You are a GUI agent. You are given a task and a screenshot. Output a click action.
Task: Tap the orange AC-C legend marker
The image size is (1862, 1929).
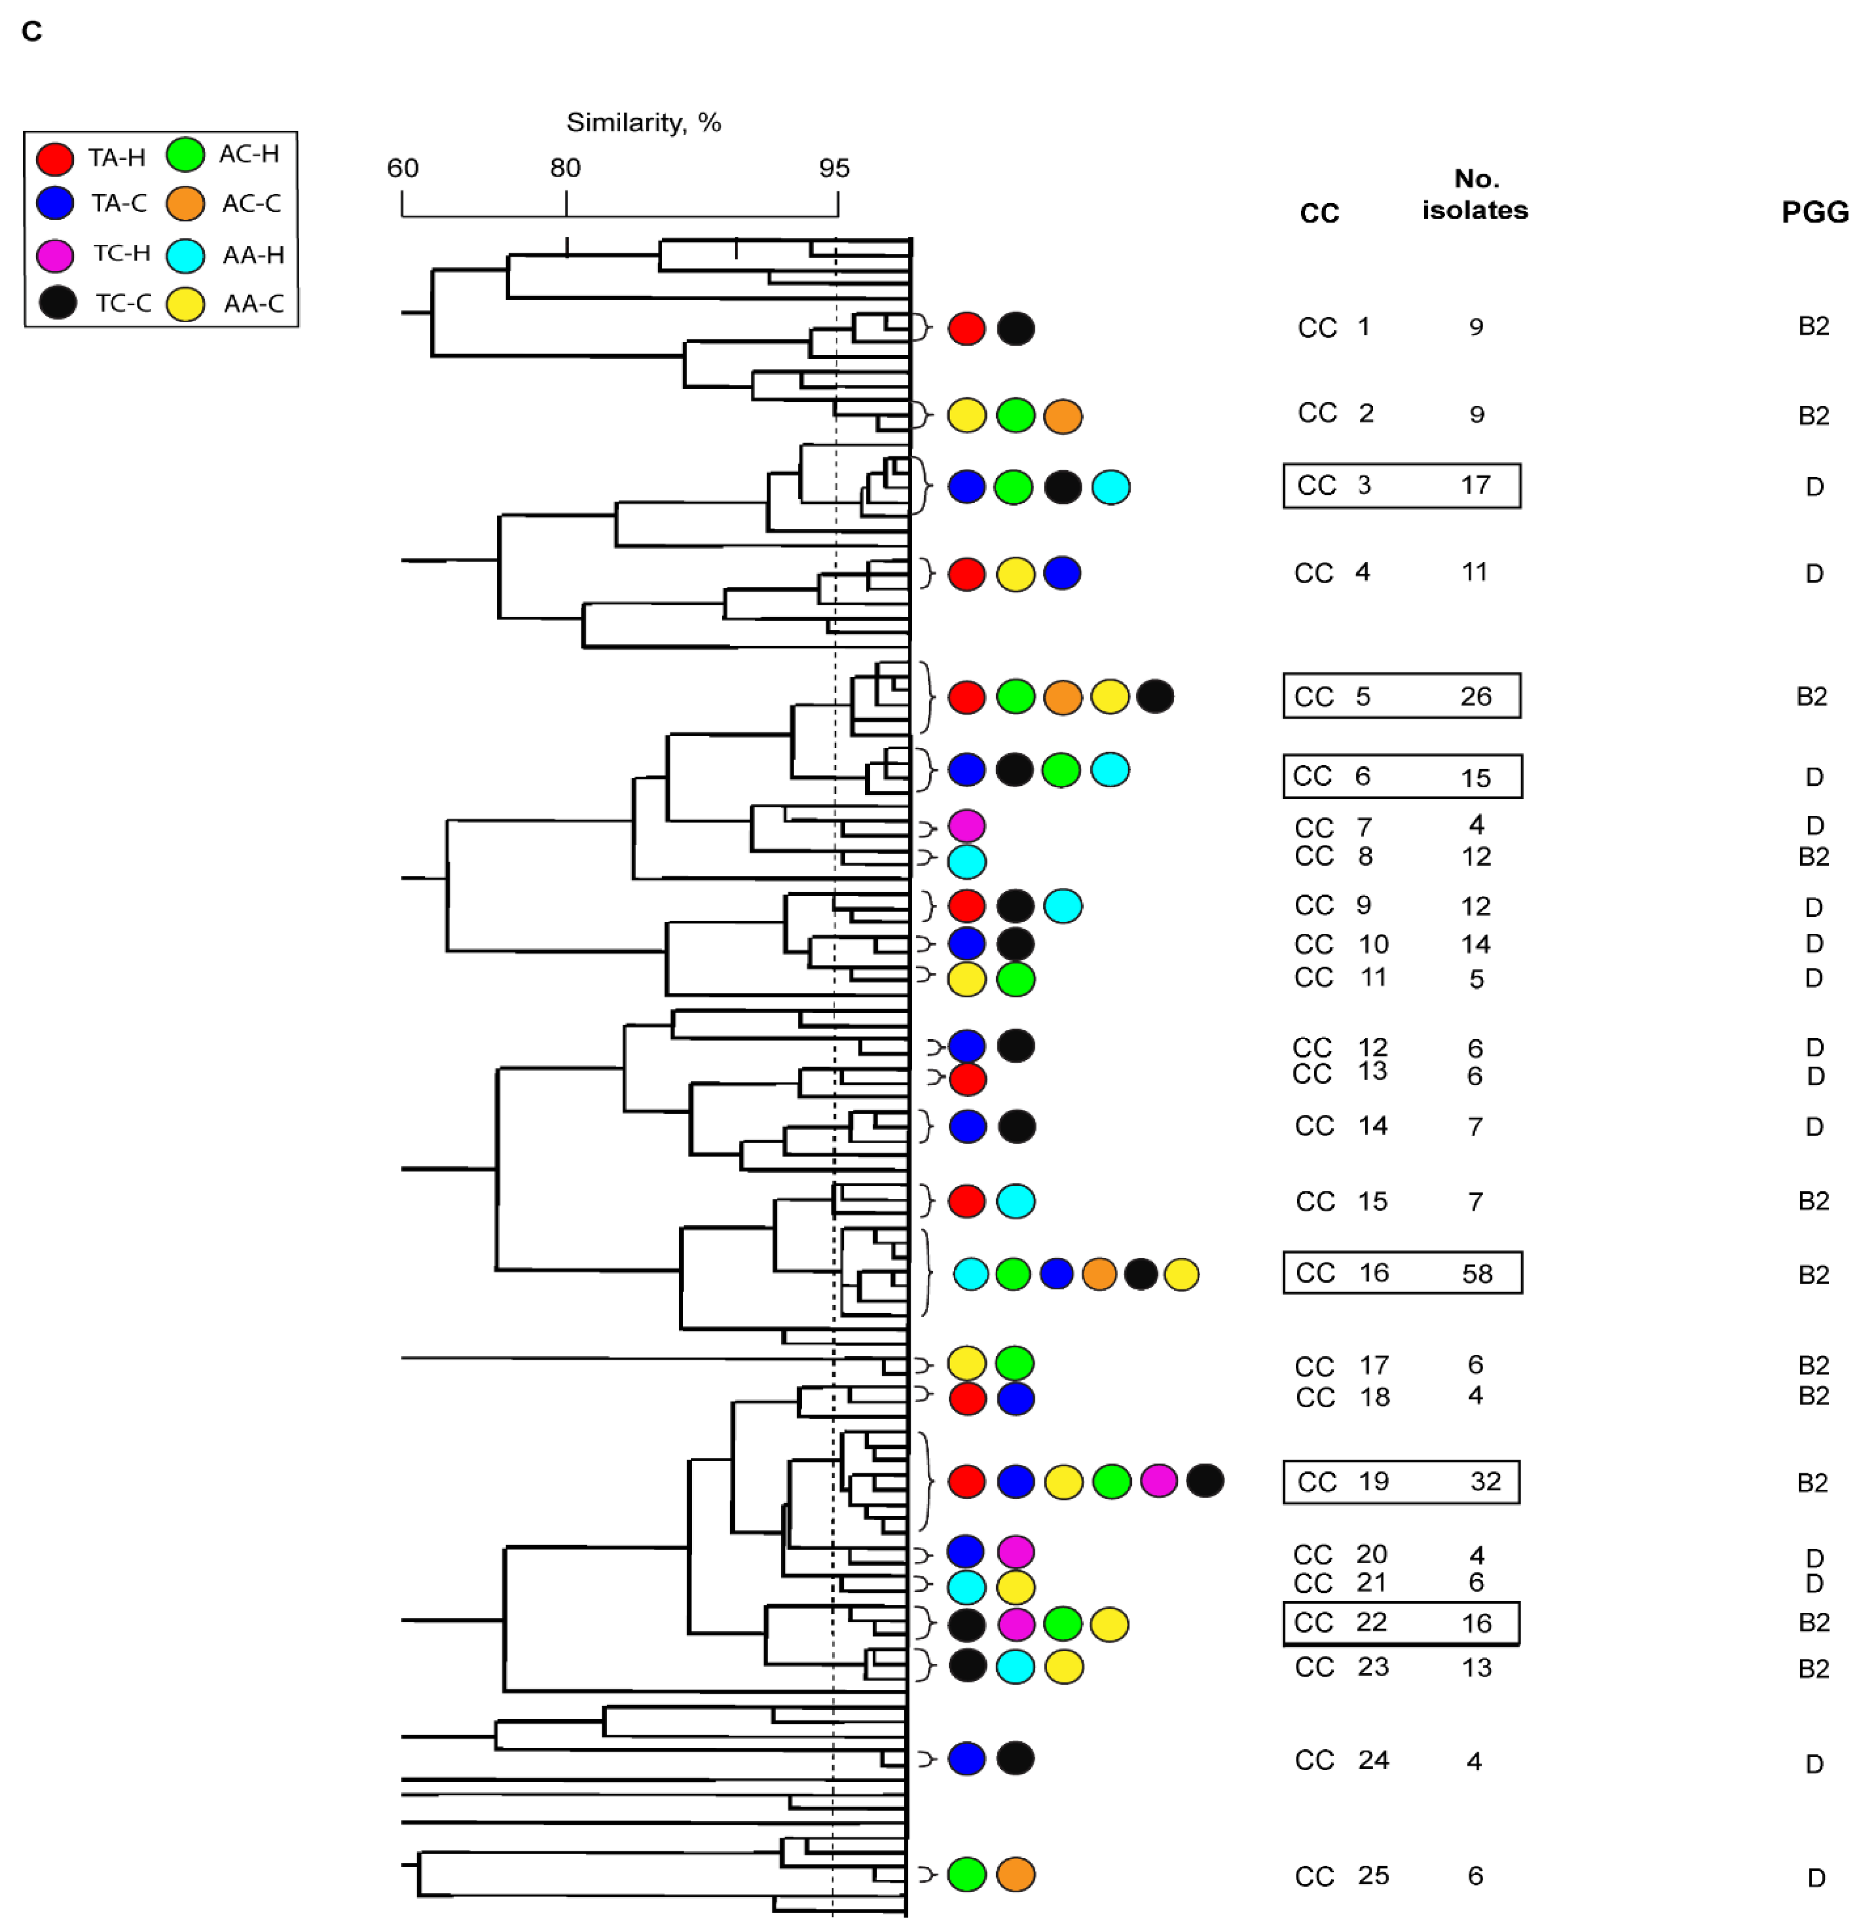185,204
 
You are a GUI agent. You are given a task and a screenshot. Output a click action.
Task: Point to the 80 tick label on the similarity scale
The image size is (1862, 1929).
565,168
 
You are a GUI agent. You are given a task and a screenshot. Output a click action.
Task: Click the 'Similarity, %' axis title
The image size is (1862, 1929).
643,123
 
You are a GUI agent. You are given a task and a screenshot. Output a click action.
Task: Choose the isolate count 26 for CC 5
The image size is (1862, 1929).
1475,697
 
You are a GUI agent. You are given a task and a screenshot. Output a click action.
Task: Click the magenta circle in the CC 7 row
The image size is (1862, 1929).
967,826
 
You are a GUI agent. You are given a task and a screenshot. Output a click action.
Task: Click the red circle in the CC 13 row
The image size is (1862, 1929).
968,1079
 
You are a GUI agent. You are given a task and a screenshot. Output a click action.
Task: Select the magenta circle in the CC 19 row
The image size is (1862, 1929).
1158,1480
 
